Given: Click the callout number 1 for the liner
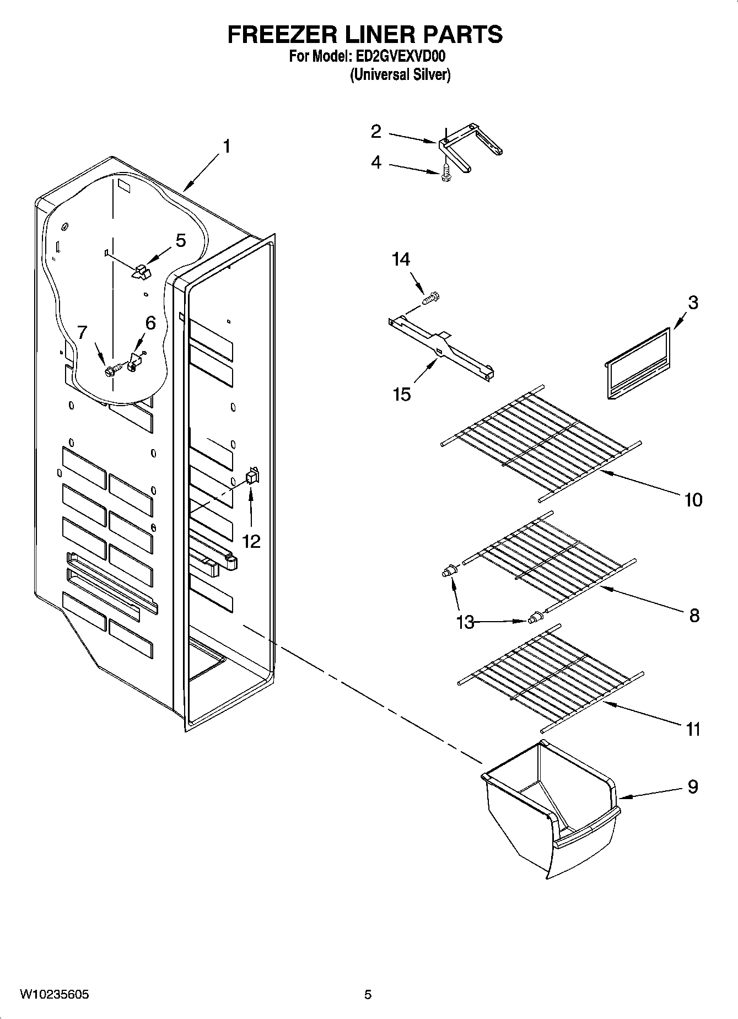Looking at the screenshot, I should coord(226,147).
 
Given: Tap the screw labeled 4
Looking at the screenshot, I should coord(445,174).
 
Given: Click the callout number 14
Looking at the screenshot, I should coord(401,259).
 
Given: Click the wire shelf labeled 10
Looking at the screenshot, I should coord(540,441).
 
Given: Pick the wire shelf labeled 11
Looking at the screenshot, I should coord(551,678).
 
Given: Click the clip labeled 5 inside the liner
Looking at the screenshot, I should coord(141,271).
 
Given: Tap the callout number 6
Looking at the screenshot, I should coord(150,324).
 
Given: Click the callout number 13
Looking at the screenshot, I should coord(465,622).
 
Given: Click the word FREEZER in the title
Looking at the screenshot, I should coord(273,34).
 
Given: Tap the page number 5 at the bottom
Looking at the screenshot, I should coord(368,995).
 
